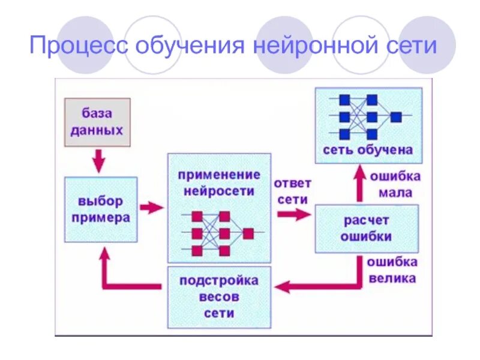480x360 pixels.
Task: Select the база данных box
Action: (x=97, y=122)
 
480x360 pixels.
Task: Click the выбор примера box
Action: (x=100, y=209)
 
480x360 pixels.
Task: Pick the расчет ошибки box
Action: (x=366, y=228)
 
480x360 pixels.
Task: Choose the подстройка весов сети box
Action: (x=219, y=296)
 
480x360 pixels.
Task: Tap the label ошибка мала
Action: (x=395, y=185)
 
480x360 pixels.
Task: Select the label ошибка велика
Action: (x=392, y=270)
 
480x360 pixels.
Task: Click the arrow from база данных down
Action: (x=98, y=161)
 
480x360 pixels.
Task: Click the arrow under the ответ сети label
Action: (x=294, y=214)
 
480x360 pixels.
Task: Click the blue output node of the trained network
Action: (x=396, y=117)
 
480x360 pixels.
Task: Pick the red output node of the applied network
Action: (x=248, y=233)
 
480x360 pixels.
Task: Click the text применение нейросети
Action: (x=219, y=183)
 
